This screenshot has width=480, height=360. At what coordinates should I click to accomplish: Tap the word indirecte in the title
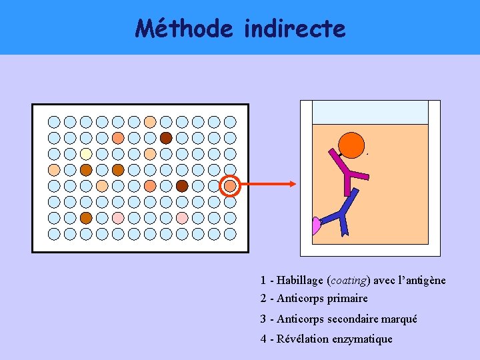pyautogui.click(x=295, y=28)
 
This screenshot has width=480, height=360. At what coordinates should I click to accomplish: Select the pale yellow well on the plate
pyautogui.click(x=86, y=154)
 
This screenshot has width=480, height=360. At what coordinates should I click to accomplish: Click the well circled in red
pyautogui.click(x=230, y=186)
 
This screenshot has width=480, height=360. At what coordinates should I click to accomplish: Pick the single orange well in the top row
pyautogui.click(x=150, y=122)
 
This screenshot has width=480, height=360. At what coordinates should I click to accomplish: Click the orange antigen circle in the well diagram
pyautogui.click(x=351, y=145)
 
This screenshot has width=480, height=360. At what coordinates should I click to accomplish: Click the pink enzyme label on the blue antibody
pyautogui.click(x=315, y=226)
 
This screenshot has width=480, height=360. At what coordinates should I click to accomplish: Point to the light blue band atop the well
pyautogui.click(x=369, y=112)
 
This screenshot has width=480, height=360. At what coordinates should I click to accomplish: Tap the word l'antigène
pyautogui.click(x=422, y=280)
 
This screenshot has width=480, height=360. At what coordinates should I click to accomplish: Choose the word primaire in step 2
pyautogui.click(x=347, y=298)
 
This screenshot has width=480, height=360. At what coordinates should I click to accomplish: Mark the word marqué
pyautogui.click(x=400, y=319)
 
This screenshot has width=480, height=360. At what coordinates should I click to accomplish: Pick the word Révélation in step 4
pyautogui.click(x=303, y=339)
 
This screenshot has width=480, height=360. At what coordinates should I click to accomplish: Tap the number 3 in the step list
pyautogui.click(x=263, y=319)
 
